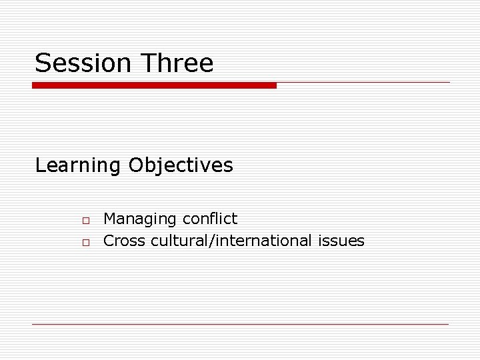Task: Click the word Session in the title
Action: click(83, 63)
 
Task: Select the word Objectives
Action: click(181, 165)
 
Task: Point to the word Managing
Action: click(140, 219)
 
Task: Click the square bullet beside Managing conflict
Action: click(86, 220)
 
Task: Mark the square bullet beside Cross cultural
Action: click(86, 242)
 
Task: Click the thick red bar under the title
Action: click(154, 85)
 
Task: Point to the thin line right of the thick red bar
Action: click(363, 83)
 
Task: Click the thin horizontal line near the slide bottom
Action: click(240, 324)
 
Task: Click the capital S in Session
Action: click(43, 63)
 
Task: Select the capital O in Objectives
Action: click(137, 165)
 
